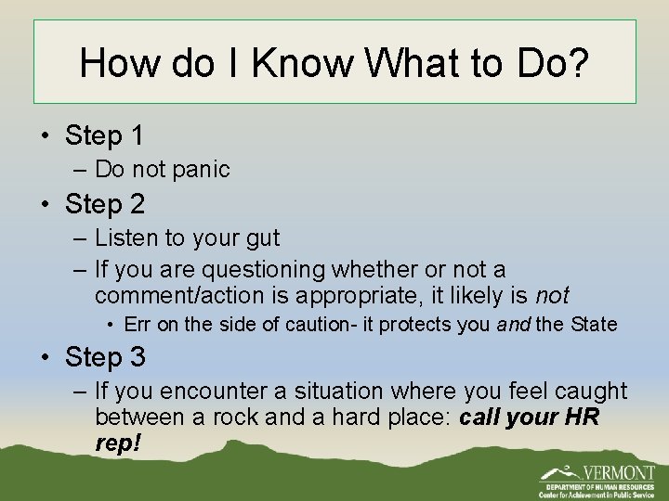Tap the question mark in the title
(x=577, y=63)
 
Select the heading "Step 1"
(x=104, y=135)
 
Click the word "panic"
(x=202, y=169)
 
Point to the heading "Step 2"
(x=104, y=203)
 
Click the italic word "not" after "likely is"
(x=552, y=296)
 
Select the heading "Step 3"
(x=104, y=357)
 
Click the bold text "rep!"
(x=118, y=443)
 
